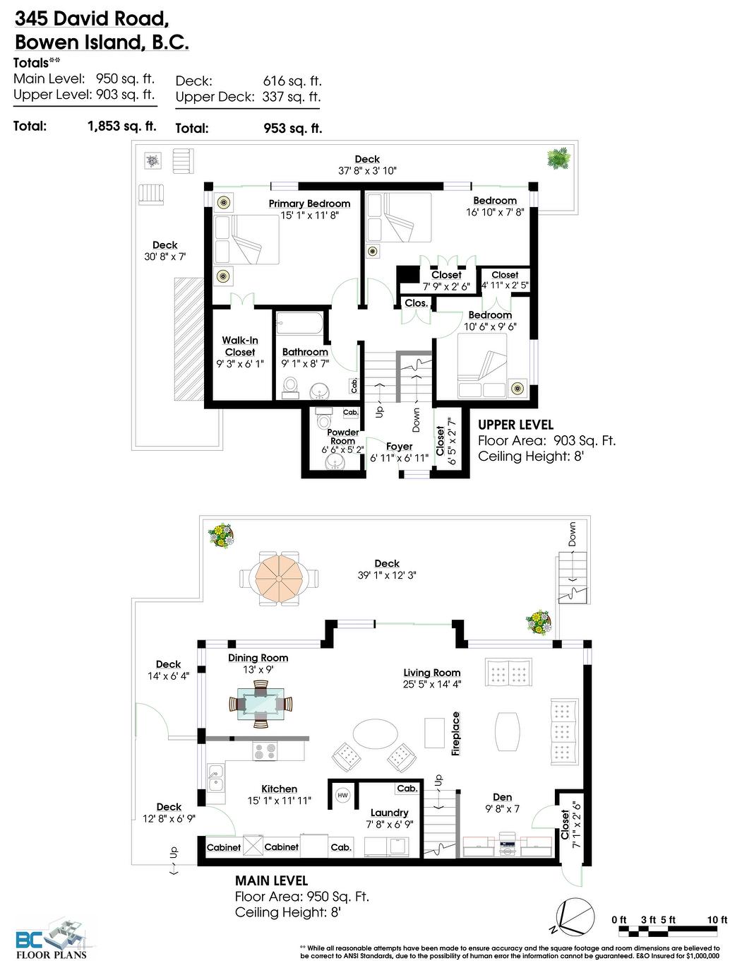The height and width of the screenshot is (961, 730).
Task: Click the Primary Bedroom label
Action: (x=309, y=204)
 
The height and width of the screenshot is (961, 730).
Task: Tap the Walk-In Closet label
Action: (x=240, y=346)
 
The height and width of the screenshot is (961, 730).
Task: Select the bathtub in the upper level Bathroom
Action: (x=299, y=326)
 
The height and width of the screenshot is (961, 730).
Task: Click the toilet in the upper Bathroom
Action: (x=291, y=385)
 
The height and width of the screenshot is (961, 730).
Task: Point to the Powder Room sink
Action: (x=334, y=462)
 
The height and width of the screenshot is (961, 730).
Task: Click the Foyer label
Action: (x=399, y=447)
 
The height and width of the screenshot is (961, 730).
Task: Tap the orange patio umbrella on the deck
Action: (x=273, y=577)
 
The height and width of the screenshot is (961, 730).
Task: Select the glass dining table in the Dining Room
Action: (x=261, y=704)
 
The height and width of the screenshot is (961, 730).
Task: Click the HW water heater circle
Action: (x=342, y=795)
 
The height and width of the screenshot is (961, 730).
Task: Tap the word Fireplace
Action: (x=456, y=734)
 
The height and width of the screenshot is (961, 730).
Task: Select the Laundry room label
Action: (x=389, y=813)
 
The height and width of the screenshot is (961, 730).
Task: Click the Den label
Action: (x=502, y=797)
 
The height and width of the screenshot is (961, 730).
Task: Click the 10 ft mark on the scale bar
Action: (x=717, y=919)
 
